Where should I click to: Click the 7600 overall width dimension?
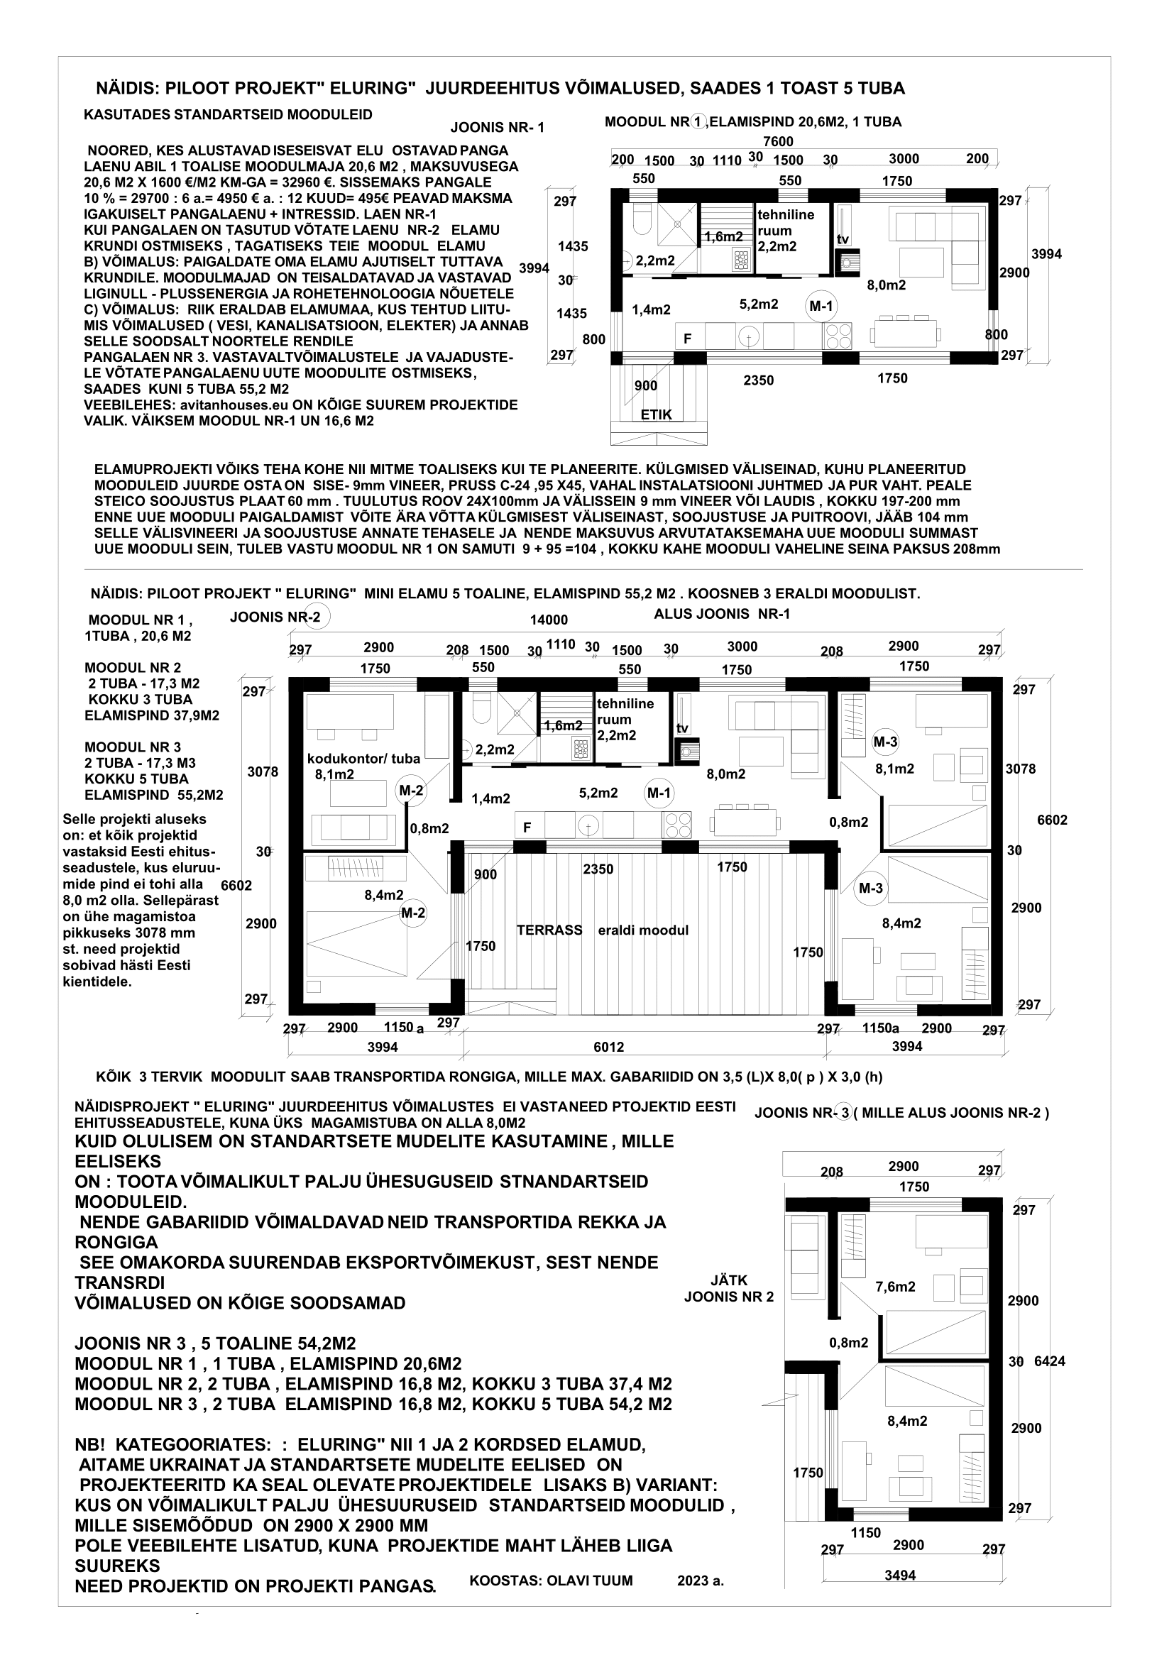tap(778, 142)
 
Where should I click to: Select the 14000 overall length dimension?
tap(549, 620)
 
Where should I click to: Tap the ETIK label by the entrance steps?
tap(656, 414)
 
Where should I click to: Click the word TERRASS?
tap(549, 930)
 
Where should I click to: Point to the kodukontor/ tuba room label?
tap(363, 759)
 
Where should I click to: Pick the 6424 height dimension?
tap(1050, 1361)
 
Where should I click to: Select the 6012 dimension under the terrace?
tap(608, 1046)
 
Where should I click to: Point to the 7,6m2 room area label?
tap(895, 1286)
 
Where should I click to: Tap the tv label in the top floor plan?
tap(843, 239)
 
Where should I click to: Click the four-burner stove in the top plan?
tap(837, 336)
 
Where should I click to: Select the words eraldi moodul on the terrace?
tap(642, 930)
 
